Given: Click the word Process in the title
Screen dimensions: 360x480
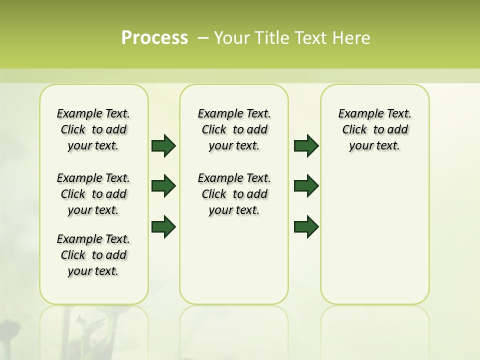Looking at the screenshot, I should tap(154, 37).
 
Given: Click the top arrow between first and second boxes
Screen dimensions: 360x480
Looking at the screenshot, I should tap(163, 145).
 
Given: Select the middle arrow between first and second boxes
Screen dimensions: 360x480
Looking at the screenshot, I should tap(163, 186).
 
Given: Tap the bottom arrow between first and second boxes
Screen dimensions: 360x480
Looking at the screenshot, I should tap(163, 227).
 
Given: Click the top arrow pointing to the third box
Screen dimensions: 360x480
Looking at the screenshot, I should tap(306, 145).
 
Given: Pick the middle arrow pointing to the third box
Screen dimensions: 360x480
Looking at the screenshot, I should tap(306, 186).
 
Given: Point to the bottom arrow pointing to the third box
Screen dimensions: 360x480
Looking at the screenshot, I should tap(306, 227).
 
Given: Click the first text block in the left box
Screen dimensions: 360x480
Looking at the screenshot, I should tap(93, 129).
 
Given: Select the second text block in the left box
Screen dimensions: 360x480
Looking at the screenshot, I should tap(93, 194).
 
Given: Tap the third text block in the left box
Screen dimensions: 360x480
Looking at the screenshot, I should tap(93, 255).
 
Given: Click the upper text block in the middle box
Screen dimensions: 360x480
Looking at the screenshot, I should tap(234, 129).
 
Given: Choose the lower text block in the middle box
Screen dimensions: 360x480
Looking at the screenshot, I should tap(234, 194).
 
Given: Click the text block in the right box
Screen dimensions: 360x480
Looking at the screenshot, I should tap(375, 129).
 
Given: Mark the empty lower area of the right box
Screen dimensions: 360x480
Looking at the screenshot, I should tap(375, 235).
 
